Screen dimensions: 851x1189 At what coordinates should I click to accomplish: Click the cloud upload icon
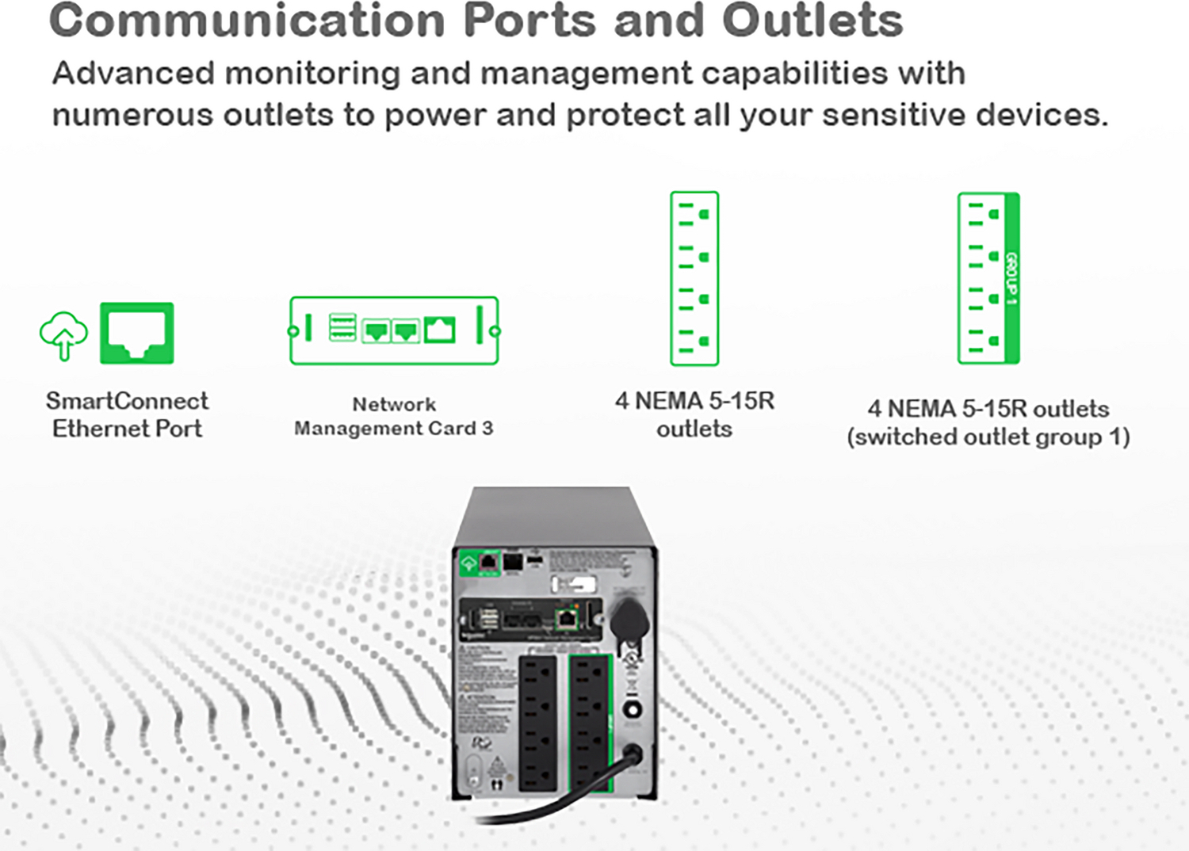tap(63, 334)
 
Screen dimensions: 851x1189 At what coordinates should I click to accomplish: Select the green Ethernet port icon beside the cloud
tap(136, 333)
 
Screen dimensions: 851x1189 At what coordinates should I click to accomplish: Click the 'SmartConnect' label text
tap(127, 401)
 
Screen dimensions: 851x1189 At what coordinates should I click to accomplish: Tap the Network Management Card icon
tap(394, 330)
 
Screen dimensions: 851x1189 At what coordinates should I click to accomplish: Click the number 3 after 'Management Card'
tap(487, 429)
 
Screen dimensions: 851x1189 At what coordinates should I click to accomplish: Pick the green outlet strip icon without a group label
tap(694, 278)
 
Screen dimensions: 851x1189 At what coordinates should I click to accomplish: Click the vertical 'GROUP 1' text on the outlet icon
tap(1011, 278)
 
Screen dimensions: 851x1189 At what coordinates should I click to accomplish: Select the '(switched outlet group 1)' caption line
tap(988, 437)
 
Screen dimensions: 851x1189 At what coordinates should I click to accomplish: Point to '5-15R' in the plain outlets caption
tap(741, 401)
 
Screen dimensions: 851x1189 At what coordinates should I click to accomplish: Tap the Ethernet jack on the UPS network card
tap(567, 617)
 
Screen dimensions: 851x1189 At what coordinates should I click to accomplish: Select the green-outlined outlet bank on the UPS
tap(591, 723)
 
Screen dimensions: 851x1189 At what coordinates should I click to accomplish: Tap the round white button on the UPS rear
tap(632, 709)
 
